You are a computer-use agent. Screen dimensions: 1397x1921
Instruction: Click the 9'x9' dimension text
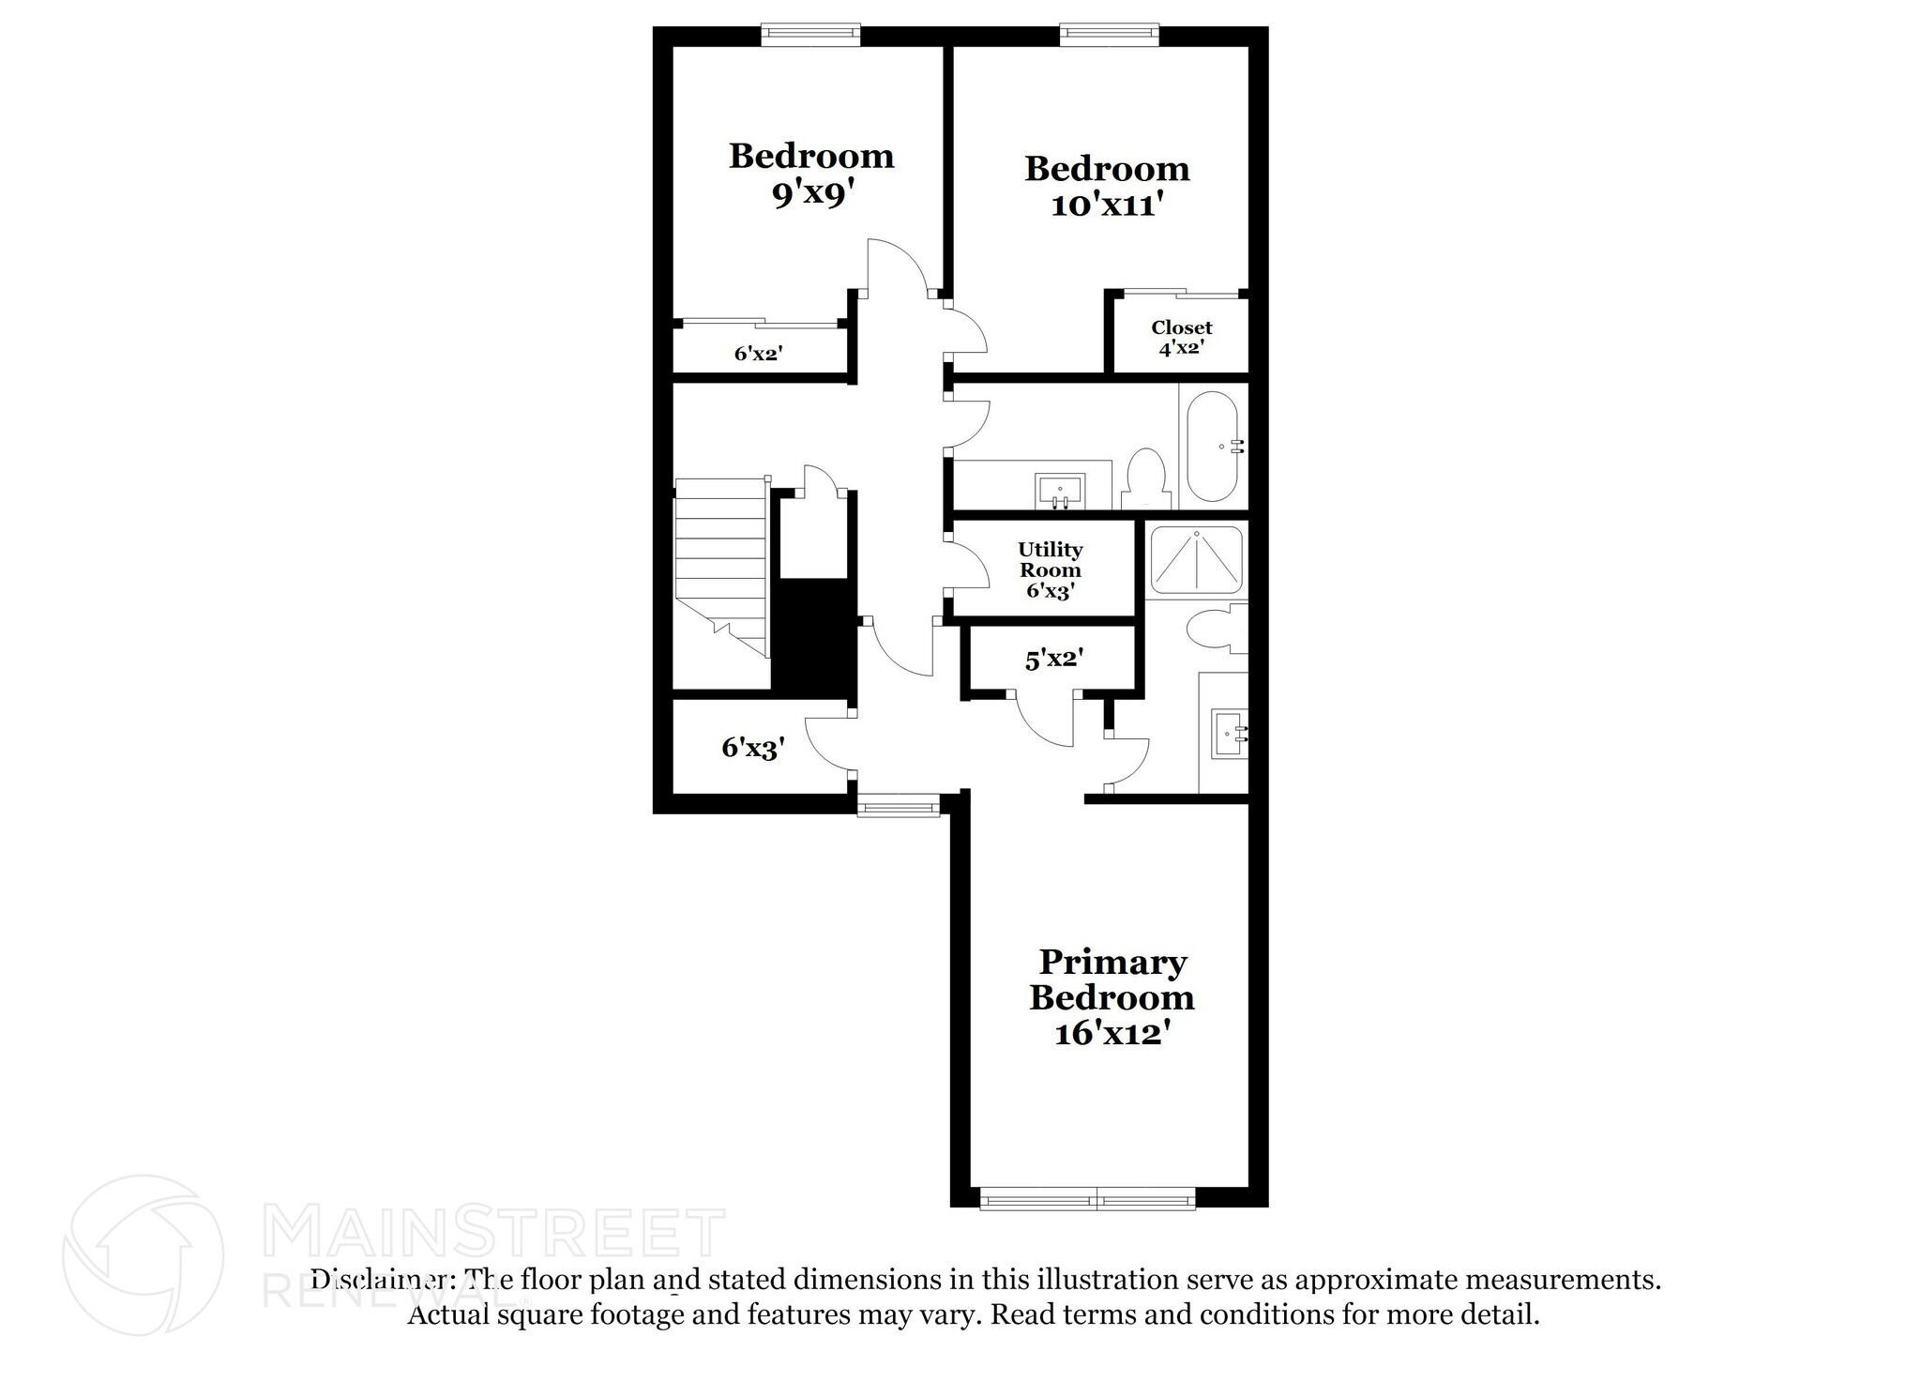pyautogui.click(x=811, y=193)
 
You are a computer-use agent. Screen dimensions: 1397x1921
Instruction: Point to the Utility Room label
pyautogui.click(x=1050, y=560)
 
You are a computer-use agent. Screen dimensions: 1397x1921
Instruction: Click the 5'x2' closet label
pyautogui.click(x=1054, y=660)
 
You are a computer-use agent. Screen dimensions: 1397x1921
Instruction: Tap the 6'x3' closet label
pyautogui.click(x=752, y=748)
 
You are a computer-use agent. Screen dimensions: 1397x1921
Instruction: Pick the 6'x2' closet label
pyautogui.click(x=758, y=354)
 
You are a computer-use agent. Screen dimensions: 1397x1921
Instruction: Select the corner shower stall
pyautogui.click(x=1196, y=560)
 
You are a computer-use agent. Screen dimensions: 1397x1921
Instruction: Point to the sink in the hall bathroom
pyautogui.click(x=1059, y=490)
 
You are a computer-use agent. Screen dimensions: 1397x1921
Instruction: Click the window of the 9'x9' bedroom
pyautogui.click(x=809, y=36)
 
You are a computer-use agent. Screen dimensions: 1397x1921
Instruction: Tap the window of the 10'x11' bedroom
pyautogui.click(x=1109, y=36)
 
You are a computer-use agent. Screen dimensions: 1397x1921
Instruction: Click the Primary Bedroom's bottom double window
pyautogui.click(x=1087, y=1198)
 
